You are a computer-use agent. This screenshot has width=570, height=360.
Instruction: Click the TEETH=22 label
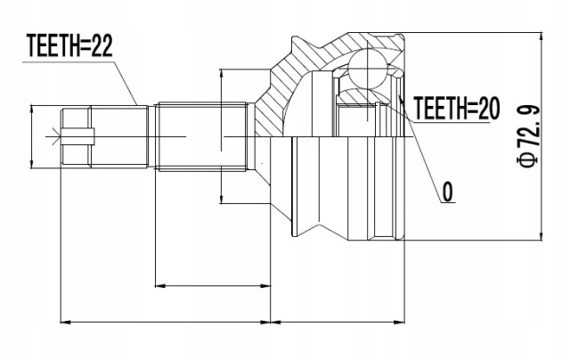tap(69, 46)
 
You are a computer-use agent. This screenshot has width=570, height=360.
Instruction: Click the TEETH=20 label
tap(457, 108)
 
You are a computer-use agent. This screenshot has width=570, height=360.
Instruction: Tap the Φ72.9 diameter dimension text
tap(528, 136)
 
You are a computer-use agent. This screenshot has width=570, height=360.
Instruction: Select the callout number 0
tap(448, 192)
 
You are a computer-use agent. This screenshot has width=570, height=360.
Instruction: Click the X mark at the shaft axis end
tap(56, 136)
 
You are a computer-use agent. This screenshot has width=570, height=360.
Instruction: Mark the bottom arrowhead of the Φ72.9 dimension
tap(541, 234)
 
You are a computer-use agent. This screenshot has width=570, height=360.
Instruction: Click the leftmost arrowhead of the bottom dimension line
tap(66, 322)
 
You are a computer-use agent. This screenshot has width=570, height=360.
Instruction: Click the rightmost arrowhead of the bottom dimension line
tap(399, 322)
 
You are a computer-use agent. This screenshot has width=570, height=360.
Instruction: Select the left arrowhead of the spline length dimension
tap(161, 286)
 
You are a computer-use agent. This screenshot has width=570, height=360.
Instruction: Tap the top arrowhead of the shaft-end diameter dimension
tap(32, 110)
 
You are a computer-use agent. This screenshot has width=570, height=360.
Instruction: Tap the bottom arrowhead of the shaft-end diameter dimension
tap(32, 162)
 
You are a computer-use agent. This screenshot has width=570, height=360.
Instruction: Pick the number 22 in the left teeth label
tap(102, 46)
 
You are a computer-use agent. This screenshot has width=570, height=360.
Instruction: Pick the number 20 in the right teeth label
tap(489, 108)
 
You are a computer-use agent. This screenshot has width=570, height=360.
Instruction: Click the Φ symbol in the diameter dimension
tap(528, 160)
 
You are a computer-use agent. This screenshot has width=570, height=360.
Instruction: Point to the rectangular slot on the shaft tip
tap(77, 136)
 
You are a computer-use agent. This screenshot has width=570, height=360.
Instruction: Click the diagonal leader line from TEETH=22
tap(126, 83)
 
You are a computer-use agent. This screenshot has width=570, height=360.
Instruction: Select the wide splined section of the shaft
tap(202, 136)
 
